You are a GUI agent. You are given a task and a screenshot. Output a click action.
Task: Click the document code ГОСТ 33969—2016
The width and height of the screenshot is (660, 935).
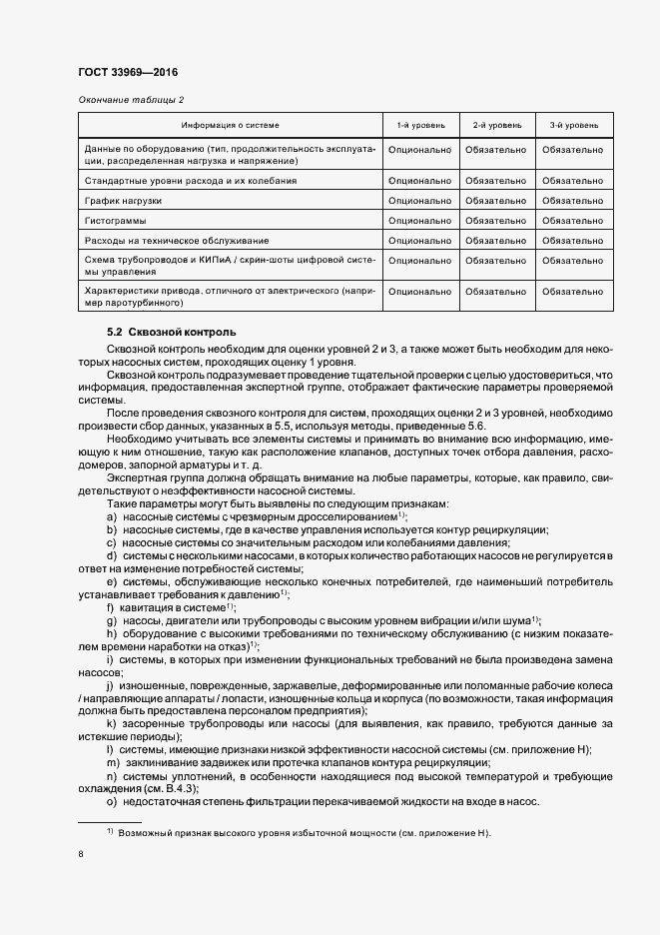pos(128,73)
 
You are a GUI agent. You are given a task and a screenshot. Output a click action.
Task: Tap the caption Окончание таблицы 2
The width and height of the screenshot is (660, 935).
pos(131,100)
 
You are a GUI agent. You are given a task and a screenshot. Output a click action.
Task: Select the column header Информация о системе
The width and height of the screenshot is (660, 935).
pos(230,126)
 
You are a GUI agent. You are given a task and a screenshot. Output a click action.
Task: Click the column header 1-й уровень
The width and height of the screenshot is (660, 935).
pos(419,126)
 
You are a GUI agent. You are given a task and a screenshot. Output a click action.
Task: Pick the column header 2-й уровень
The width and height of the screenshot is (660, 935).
pos(496,126)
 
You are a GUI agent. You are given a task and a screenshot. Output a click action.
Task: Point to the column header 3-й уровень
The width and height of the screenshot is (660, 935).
pos(573,126)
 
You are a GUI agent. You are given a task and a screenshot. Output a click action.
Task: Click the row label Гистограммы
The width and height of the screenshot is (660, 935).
pos(115,220)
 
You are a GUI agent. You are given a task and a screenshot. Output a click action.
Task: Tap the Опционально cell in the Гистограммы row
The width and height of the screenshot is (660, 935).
pos(419,220)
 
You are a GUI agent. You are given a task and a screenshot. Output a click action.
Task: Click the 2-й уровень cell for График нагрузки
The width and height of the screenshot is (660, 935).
pos(496,201)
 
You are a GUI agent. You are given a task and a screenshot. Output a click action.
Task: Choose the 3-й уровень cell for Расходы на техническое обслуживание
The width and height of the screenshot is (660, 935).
pos(573,240)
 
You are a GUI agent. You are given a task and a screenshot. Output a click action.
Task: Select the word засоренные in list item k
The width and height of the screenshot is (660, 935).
pos(152,723)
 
